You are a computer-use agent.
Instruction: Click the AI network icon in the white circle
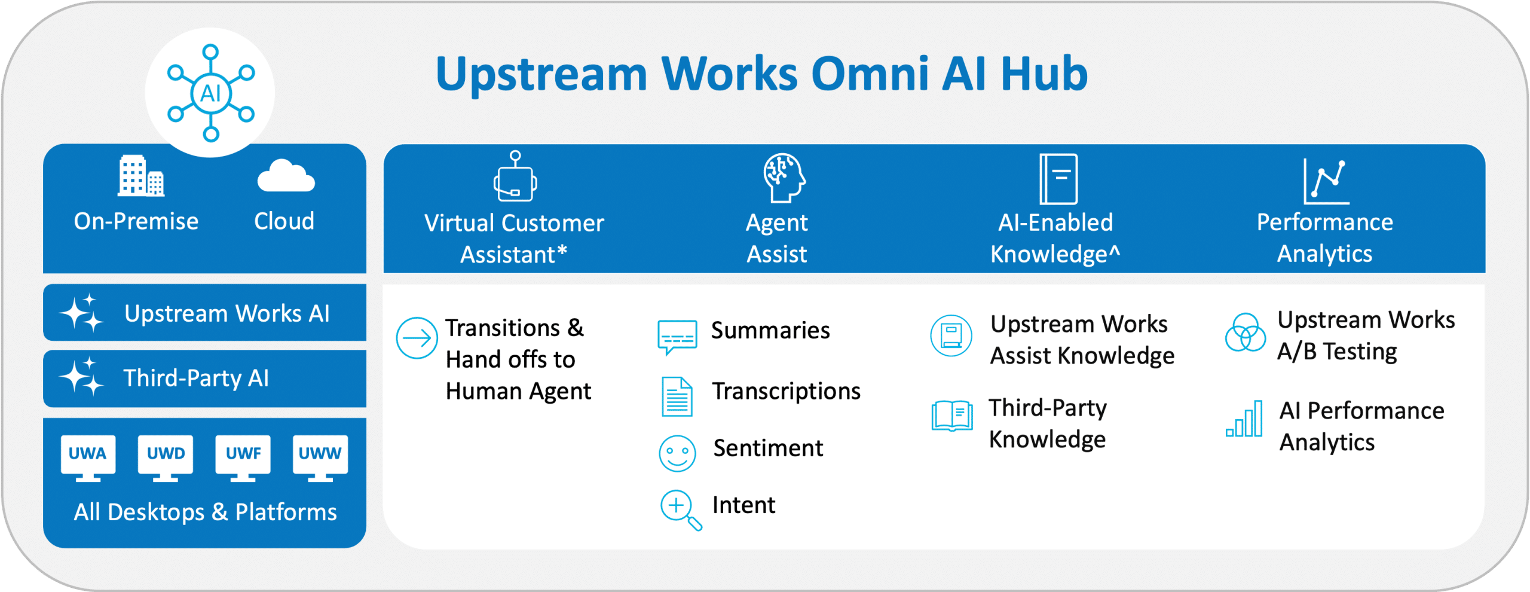210,93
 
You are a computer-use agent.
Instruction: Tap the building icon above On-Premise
141,176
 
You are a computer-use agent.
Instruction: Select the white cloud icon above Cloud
285,176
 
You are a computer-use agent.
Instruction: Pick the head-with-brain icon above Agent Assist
784,178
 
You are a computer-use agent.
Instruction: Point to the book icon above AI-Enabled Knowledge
1058,179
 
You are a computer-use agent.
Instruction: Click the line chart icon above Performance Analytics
1326,181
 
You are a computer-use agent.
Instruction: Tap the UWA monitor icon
88,457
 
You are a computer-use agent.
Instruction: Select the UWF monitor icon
243,457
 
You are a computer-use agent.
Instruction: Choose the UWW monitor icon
320,457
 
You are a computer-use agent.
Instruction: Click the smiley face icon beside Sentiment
677,453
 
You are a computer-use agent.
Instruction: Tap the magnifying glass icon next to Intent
680,509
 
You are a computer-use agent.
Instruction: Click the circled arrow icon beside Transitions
417,338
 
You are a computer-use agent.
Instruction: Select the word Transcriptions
786,391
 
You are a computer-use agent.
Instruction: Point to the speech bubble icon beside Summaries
677,337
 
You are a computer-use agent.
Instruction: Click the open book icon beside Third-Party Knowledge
951,415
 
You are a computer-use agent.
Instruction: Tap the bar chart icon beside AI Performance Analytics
1244,419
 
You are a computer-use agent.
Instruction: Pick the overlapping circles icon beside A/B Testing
1245,332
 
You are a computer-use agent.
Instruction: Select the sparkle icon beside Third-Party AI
81,377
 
